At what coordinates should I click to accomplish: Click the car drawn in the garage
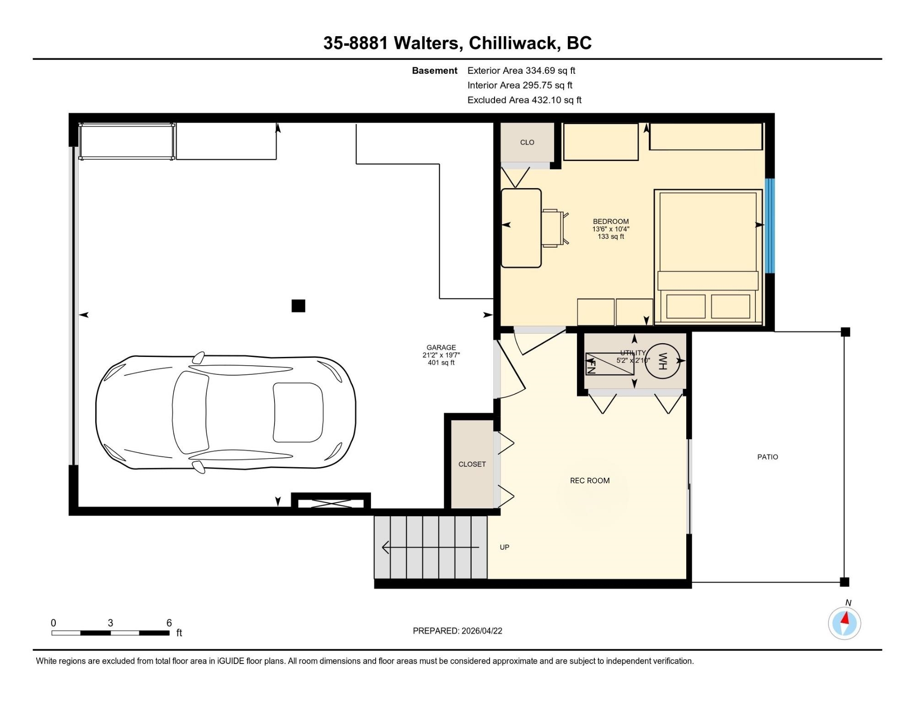226,413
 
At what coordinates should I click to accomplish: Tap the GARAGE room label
441,348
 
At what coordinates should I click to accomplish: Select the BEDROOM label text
611,221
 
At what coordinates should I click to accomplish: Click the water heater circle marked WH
663,361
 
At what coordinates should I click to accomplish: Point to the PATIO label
768,457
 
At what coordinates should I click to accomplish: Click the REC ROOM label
590,480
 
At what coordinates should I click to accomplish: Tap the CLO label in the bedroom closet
527,142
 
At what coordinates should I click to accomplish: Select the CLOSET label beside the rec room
472,464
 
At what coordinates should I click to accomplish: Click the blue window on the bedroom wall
770,225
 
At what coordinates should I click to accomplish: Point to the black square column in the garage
298,306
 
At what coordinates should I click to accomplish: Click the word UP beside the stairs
505,547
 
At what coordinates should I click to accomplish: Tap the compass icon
845,623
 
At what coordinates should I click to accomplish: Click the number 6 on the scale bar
169,623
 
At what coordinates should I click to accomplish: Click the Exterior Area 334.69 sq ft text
521,70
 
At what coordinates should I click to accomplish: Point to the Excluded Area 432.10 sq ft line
524,100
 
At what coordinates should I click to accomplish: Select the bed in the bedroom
708,257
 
